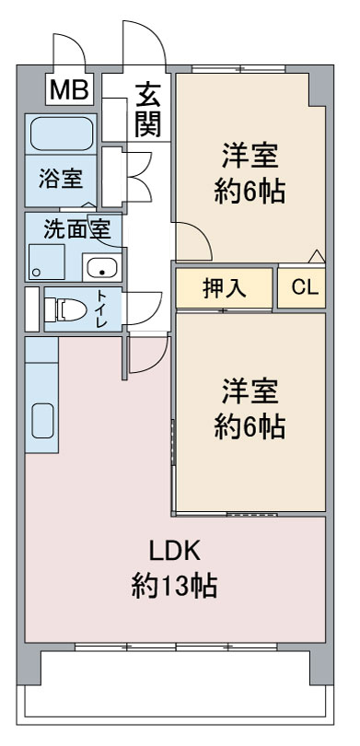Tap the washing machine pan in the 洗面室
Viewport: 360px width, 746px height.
pos(46,262)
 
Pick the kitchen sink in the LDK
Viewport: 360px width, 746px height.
pos(42,420)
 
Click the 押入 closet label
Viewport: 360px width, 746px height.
pos(224,287)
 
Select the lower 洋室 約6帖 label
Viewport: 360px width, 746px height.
pos(250,409)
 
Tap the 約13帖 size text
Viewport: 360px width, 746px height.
pos(175,586)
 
